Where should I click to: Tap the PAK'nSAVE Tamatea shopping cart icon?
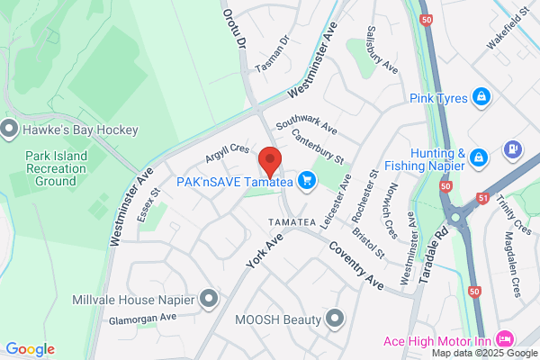308,181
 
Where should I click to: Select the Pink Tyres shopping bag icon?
481,96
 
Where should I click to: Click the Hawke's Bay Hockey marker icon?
10,130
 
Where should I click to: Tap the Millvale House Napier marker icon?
210,297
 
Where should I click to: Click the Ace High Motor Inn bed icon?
505,338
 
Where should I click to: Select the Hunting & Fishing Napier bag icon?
480,158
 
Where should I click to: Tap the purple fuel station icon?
513,148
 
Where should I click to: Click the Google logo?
30,349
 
